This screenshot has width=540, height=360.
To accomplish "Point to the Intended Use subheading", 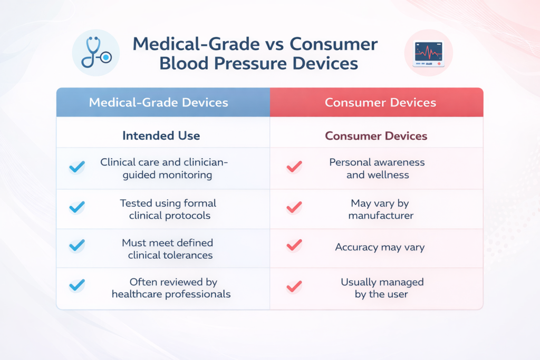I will click(161, 136).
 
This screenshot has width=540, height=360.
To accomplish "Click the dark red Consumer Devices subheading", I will click(376, 136).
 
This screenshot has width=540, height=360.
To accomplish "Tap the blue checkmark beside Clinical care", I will click(77, 168).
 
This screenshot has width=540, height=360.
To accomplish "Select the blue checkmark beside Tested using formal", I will click(77, 207).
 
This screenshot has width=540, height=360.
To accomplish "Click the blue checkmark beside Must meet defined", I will click(77, 245).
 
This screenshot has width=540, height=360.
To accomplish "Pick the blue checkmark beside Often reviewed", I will click(77, 285).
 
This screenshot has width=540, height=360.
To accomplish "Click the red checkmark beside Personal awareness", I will click(294, 167).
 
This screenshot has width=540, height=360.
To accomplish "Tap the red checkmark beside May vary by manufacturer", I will click(294, 207).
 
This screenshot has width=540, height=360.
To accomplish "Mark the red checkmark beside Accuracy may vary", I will click(294, 245).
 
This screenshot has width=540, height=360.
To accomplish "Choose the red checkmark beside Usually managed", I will click(294, 286).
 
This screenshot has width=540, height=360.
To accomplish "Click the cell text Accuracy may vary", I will click(380, 247).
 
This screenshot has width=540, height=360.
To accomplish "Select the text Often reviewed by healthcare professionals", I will click(171, 288).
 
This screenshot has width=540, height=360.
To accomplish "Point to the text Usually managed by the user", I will click(382, 288).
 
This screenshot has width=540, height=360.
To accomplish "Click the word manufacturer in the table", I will click(381, 216).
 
